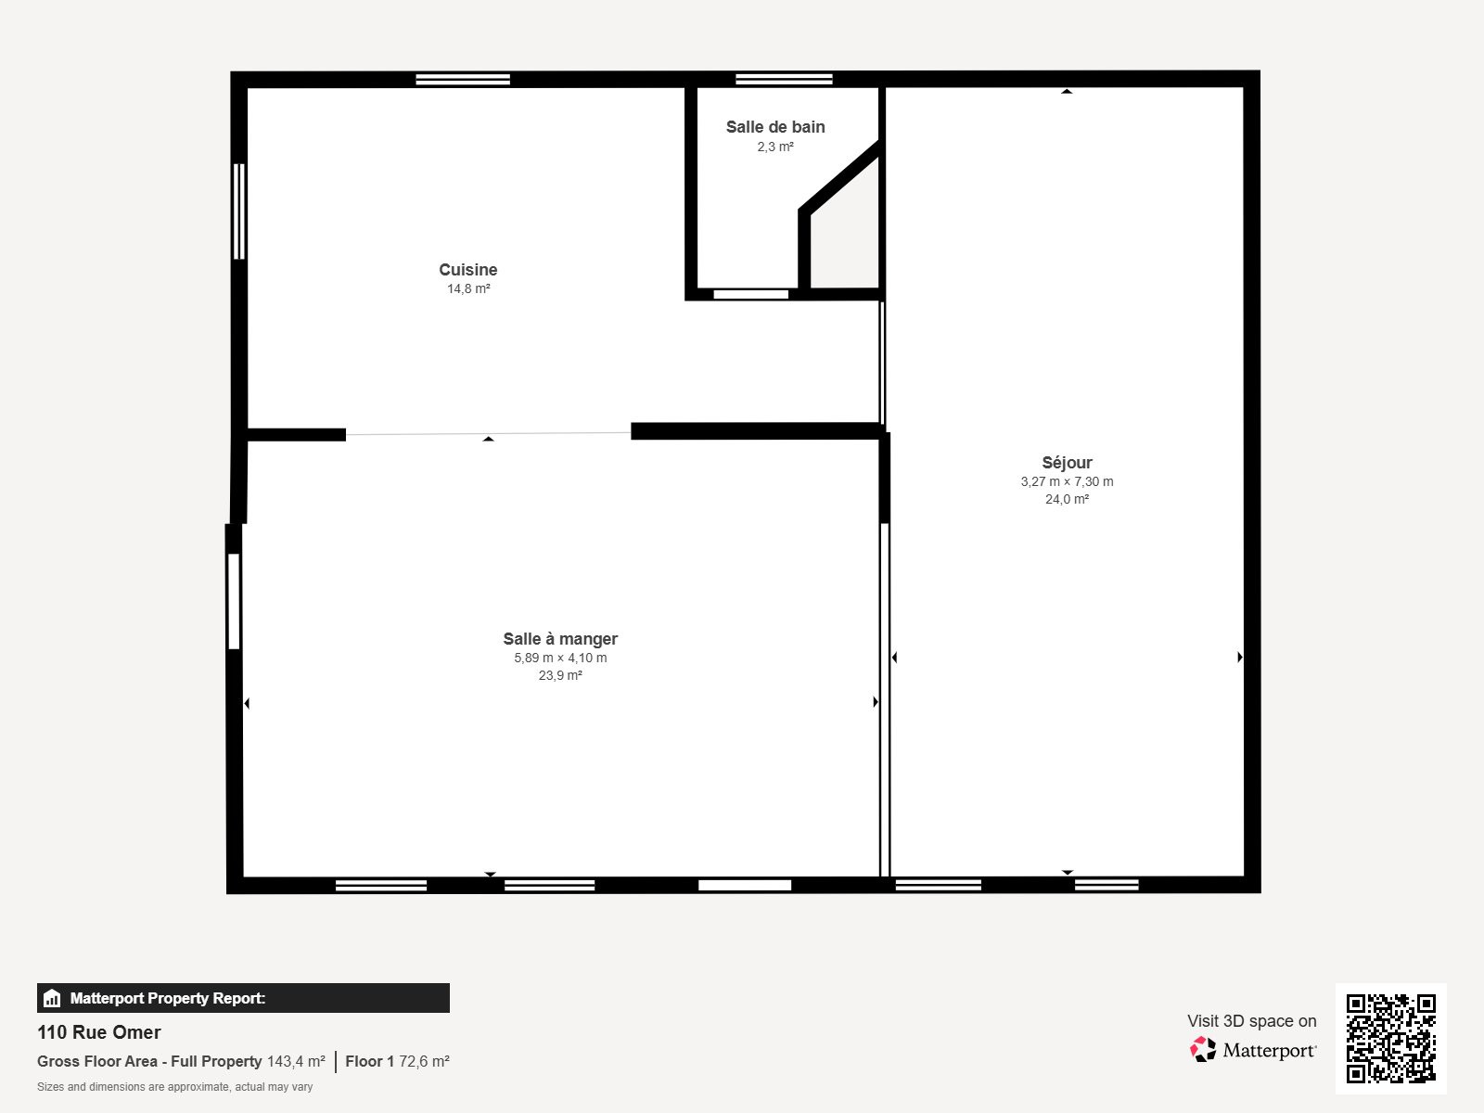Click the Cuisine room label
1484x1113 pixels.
467,270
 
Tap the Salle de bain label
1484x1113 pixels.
775,127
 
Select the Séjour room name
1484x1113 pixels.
1067,463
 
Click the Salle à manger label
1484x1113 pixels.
560,639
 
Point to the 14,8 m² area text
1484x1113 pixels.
468,289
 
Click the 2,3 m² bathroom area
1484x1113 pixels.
775,147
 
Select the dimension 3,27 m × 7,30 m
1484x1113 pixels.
1067,481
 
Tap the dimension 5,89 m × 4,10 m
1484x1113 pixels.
560,658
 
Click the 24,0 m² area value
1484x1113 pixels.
1067,499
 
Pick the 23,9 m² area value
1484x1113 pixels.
560,675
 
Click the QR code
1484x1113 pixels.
1390,1038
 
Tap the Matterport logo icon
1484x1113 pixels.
1203,1050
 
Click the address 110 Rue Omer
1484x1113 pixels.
99,1032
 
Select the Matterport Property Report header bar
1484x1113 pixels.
243,998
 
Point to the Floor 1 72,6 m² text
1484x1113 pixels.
397,1061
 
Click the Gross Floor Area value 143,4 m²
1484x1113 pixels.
296,1061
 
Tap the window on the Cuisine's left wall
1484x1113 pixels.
239,211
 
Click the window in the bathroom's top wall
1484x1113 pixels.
784,79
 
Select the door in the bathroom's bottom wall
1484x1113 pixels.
750,295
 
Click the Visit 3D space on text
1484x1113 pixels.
1251,1021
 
